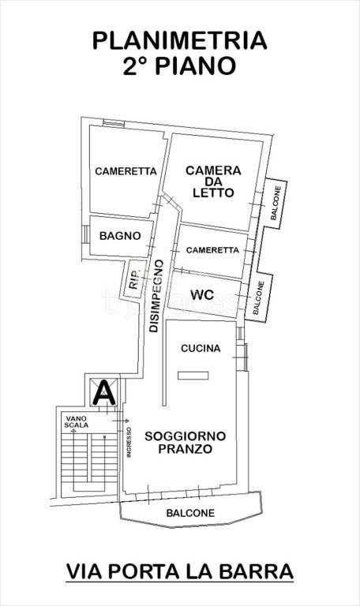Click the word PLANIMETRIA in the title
[x=179, y=41]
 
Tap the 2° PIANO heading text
[x=179, y=66]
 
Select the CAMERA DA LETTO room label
[x=213, y=181]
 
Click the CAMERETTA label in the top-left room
[x=126, y=171]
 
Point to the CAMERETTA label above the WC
[x=212, y=250]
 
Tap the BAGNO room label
[x=120, y=235]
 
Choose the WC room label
[x=204, y=295]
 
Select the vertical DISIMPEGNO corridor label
[x=156, y=294]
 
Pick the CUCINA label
[x=201, y=348]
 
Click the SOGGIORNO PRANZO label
[x=186, y=442]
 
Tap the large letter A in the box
[x=103, y=391]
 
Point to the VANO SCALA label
[x=77, y=421]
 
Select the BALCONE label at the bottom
[x=189, y=513]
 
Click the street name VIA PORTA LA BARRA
[x=179, y=570]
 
